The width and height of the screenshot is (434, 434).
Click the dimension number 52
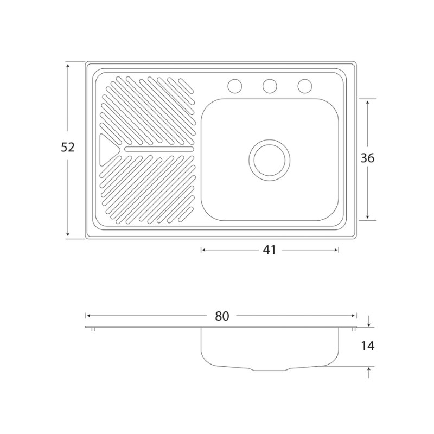click(68, 147)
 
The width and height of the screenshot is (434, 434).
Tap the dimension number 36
click(367, 158)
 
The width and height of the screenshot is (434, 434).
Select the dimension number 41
click(269, 250)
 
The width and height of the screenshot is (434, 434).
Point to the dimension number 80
click(222, 316)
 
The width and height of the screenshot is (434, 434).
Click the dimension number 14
click(368, 346)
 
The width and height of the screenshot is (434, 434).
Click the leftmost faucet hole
click(235, 86)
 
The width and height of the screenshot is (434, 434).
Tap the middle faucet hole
click(270, 86)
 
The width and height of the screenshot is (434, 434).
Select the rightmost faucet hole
click(305, 86)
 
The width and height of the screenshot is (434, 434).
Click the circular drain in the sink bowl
click(269, 160)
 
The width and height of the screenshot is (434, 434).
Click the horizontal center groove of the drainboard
click(159, 149)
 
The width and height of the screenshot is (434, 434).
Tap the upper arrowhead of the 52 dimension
click(68, 65)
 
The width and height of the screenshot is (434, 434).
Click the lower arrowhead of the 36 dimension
click(367, 216)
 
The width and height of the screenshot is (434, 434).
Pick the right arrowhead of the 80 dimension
click(354, 316)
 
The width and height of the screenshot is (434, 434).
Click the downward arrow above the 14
click(368, 321)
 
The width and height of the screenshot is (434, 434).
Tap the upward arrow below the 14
click(368, 373)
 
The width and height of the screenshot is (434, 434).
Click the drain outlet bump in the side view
click(269, 369)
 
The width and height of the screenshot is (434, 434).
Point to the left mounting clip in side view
click(93, 329)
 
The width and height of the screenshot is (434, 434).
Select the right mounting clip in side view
click(354, 329)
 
